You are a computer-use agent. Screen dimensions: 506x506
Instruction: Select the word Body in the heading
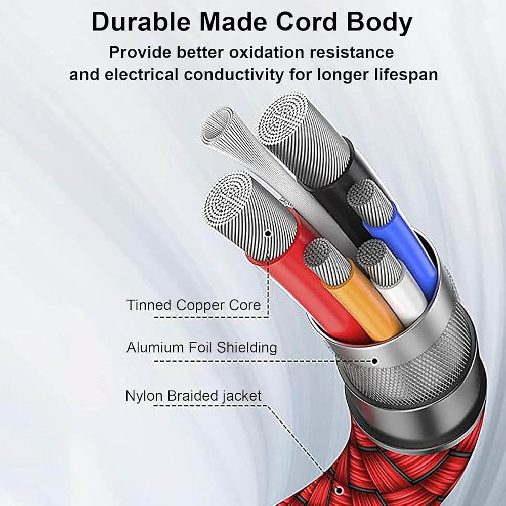(382, 23)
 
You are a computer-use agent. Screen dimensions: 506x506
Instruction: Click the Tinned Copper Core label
(194, 305)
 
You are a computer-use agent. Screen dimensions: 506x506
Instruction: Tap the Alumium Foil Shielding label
(201, 348)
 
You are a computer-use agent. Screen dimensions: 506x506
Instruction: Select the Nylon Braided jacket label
(193, 395)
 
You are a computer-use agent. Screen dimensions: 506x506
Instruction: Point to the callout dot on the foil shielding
(375, 361)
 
